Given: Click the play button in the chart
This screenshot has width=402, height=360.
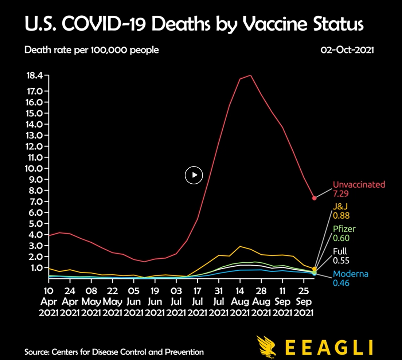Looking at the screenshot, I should pos(194,175).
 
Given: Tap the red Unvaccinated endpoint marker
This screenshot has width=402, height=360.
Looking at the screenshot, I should pos(314,198).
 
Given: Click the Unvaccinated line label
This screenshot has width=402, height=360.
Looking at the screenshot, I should pos(359,184).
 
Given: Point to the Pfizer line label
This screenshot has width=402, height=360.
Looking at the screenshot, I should pos(344,229).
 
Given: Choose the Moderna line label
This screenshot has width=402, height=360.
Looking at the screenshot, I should pos(350,274).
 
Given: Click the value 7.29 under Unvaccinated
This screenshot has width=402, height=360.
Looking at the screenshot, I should pos(341,193).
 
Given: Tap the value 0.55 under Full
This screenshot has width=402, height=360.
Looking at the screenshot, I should pos(341,261).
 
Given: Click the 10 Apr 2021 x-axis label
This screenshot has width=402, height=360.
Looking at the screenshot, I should pos(49,302).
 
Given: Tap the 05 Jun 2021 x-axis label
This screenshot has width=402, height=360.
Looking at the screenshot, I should pos(134,302).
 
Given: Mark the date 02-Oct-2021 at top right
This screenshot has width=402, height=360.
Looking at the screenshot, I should pos(347,50).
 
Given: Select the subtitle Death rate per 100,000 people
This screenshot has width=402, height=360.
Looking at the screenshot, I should pos(91,50).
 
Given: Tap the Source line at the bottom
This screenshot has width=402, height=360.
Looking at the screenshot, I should pos(114,352).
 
